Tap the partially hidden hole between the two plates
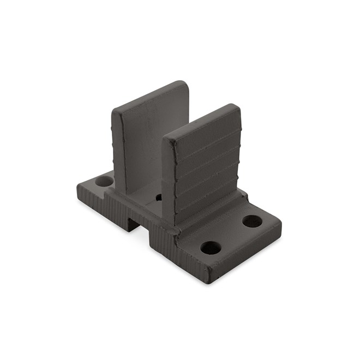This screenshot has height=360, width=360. pos(159,197)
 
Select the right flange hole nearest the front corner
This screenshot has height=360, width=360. pos(211,248)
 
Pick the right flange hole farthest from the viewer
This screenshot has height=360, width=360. pos(251,221)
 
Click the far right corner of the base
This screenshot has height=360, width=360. pos(280,224)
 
